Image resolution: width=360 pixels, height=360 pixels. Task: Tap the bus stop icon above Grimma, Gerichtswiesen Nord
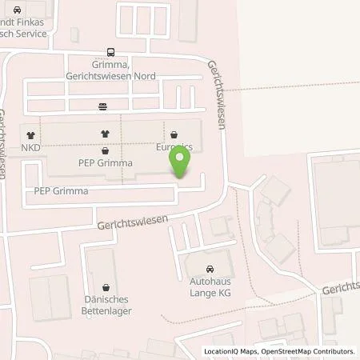[110, 54]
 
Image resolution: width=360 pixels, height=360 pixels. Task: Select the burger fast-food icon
[102, 106]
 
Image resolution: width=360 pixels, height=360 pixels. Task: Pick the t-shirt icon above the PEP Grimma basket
[105, 134]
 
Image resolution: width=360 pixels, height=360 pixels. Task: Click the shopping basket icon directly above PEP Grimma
[105, 150]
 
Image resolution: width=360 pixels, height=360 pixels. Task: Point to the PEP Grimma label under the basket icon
[106, 162]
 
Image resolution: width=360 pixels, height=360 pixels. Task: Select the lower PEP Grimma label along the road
[61, 192]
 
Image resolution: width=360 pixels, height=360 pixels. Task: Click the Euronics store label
[175, 148]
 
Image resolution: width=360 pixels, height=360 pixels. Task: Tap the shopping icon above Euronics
[175, 134]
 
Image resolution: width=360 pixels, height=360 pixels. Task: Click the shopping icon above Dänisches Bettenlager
[106, 286]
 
